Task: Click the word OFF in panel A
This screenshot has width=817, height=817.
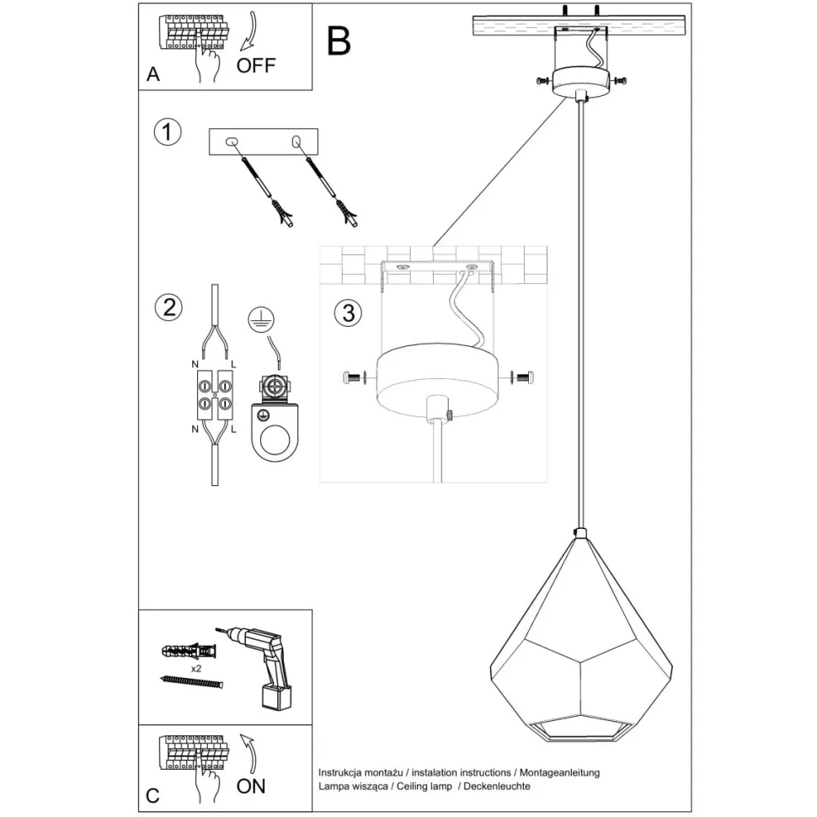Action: pyautogui.click(x=256, y=66)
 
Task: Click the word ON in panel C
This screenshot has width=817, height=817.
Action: pyautogui.click(x=251, y=786)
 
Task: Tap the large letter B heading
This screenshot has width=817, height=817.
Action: pyautogui.click(x=339, y=40)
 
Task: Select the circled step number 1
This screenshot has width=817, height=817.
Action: pyautogui.click(x=168, y=132)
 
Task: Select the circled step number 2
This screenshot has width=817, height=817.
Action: pyautogui.click(x=168, y=306)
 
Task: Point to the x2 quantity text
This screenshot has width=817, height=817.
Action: pyautogui.click(x=196, y=668)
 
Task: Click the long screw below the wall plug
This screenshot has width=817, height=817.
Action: pyautogui.click(x=193, y=683)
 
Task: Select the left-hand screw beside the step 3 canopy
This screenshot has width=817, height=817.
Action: pyautogui.click(x=353, y=378)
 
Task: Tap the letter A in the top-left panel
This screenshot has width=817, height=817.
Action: pyautogui.click(x=152, y=74)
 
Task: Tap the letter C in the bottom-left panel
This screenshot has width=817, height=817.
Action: pyautogui.click(x=152, y=795)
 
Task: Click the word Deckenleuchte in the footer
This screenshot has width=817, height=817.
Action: pyautogui.click(x=496, y=786)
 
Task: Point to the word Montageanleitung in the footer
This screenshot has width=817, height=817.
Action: pyautogui.click(x=560, y=772)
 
